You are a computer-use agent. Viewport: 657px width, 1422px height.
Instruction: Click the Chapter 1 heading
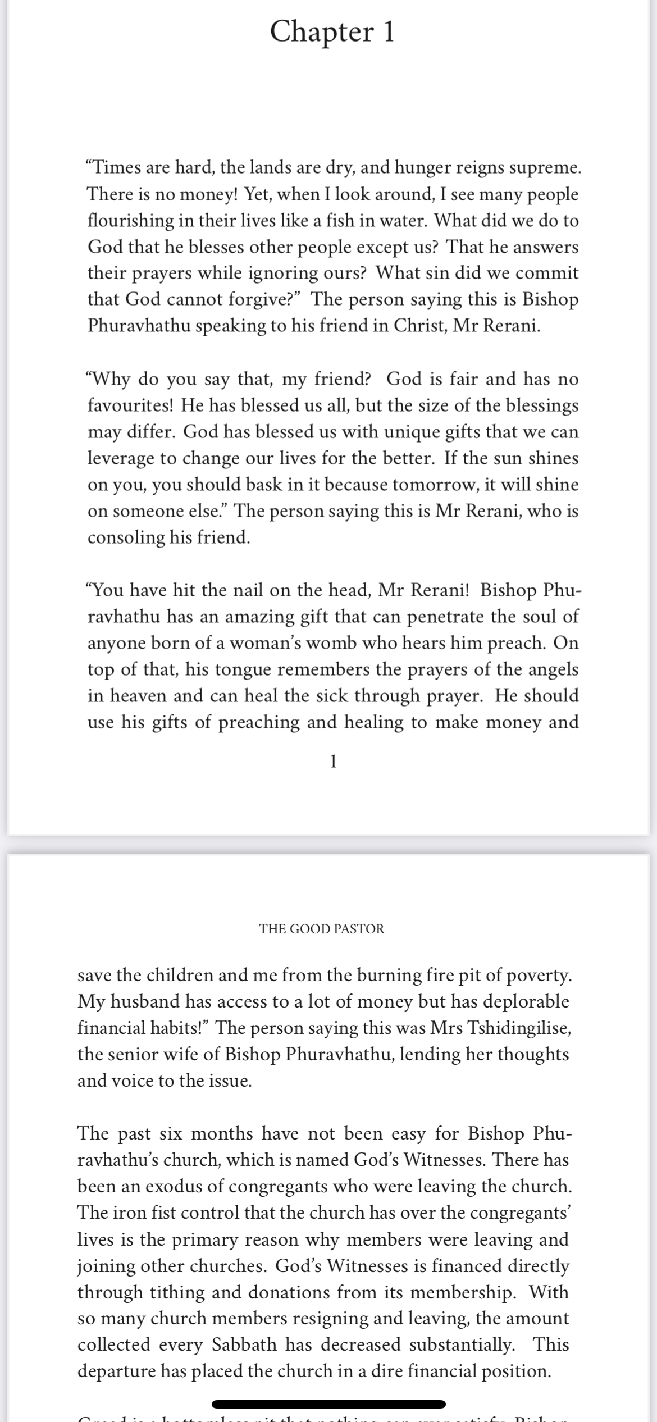pyautogui.click(x=332, y=31)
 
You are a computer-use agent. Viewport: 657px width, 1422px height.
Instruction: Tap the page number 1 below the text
pyautogui.click(x=333, y=762)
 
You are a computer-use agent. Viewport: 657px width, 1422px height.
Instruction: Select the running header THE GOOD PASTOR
pyautogui.click(x=322, y=928)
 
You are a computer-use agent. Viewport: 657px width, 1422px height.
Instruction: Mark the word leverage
pyautogui.click(x=121, y=458)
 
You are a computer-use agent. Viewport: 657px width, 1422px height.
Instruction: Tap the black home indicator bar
pyautogui.click(x=328, y=1404)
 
